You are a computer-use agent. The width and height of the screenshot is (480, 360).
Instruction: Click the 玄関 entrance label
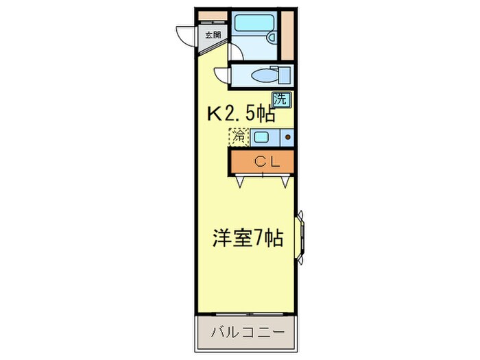pyautogui.click(x=213, y=35)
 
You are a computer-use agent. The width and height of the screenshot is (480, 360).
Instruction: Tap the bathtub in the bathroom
pyautogui.click(x=252, y=22)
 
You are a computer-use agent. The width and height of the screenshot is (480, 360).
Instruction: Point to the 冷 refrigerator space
pyautogui.click(x=239, y=136)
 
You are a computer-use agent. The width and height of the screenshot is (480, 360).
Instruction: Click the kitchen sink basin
pyautogui.click(x=261, y=137)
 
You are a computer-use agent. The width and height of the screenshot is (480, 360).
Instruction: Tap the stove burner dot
pyautogui.click(x=287, y=137)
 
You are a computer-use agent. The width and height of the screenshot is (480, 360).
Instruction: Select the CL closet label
pyautogui.click(x=263, y=162)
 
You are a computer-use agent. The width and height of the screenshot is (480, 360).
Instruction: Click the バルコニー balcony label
pyautogui.click(x=247, y=334)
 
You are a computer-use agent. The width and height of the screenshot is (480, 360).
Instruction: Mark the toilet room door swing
pyautogui.click(x=221, y=75)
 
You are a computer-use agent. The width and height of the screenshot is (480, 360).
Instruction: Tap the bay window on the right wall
pyautogui.click(x=300, y=237)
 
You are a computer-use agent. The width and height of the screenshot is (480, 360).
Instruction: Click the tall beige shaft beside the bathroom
pyautogui.click(x=288, y=34)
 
